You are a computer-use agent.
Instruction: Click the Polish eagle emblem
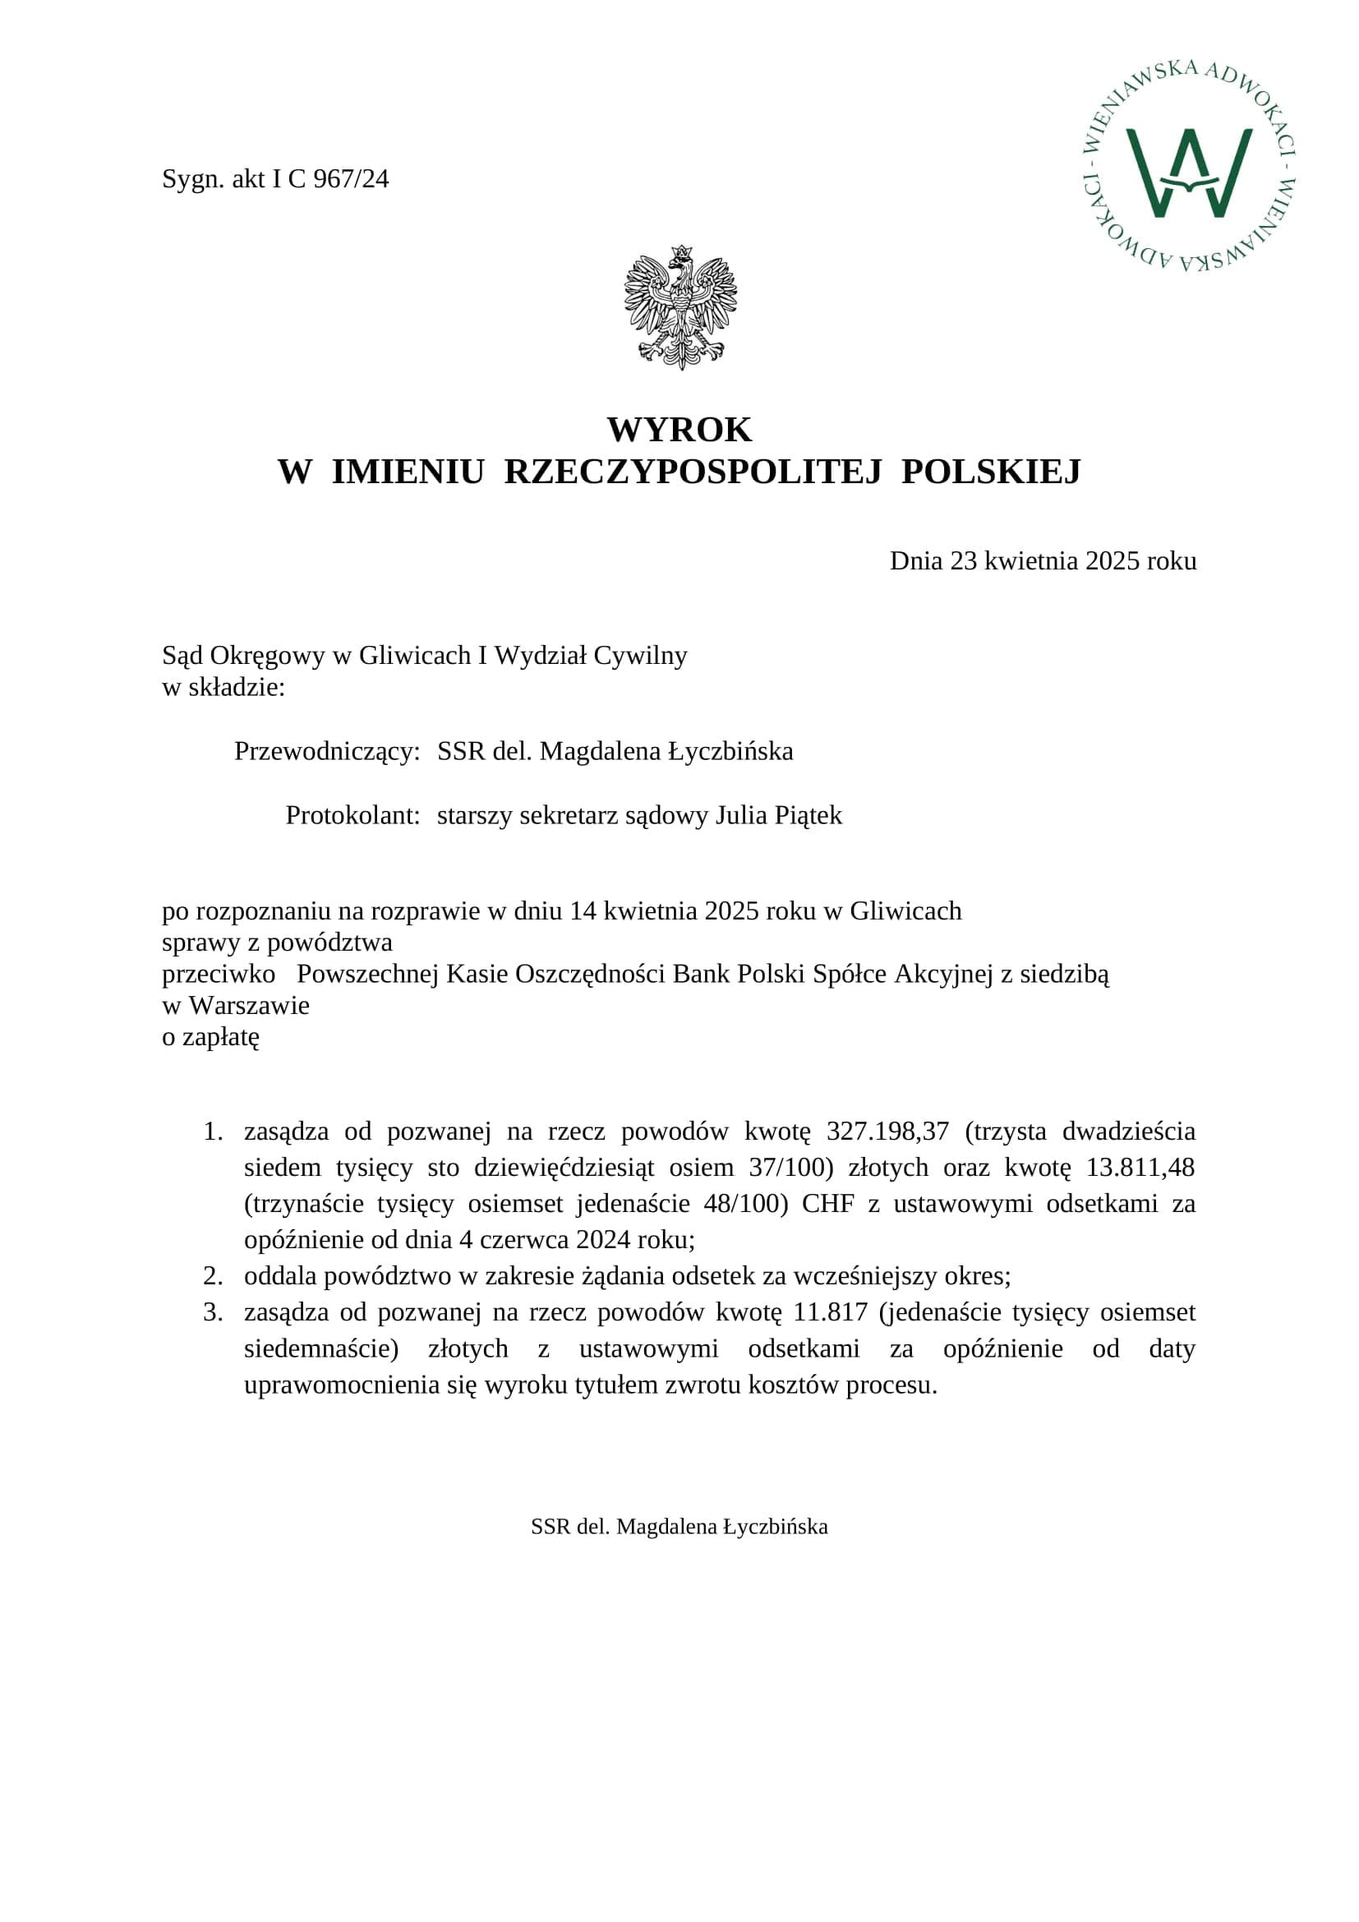(x=680, y=307)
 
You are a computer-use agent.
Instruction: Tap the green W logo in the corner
(x=1188, y=173)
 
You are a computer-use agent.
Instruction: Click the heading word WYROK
(x=679, y=430)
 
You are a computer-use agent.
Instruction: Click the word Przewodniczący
(x=326, y=752)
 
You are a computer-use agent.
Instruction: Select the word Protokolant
(x=352, y=815)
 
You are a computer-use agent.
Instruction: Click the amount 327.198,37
(x=887, y=1132)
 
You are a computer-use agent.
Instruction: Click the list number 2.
(x=213, y=1276)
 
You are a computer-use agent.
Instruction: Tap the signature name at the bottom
(x=679, y=1527)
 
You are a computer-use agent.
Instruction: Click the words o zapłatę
(x=211, y=1037)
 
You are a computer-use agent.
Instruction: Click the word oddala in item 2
(x=280, y=1276)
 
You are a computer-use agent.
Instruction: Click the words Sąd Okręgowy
(x=242, y=656)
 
